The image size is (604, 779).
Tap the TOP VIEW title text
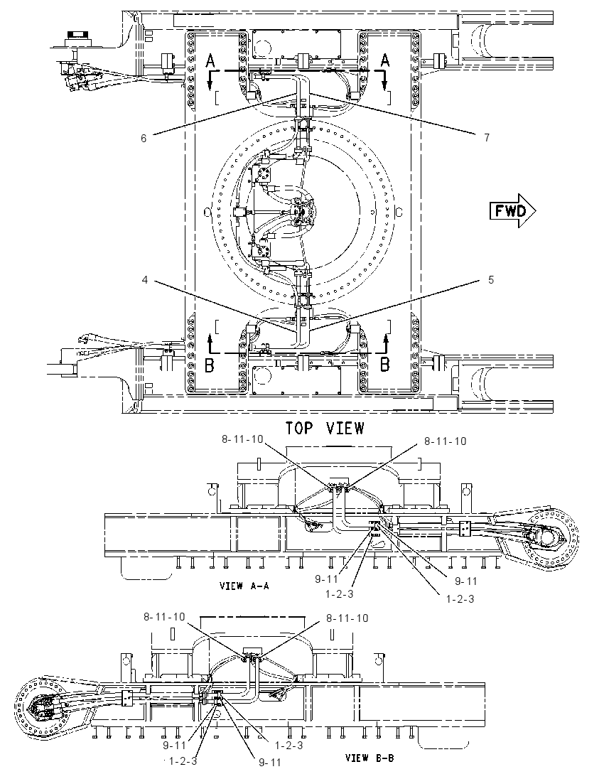pos(325,428)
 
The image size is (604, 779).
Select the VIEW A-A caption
pos(244,586)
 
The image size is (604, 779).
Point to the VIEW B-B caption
pos(370,758)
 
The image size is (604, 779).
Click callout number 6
pos(144,138)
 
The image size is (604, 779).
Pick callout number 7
pos(487,137)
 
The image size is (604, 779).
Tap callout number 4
pos(144,280)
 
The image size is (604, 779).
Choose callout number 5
pos(491,280)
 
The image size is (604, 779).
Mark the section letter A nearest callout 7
pos(385,60)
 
